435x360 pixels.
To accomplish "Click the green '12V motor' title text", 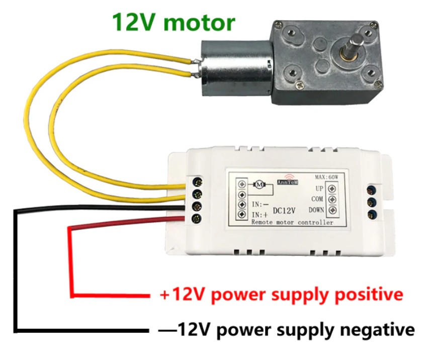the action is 174,22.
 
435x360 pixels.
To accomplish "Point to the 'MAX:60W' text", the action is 326,176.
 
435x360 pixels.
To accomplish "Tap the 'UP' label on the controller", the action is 319,189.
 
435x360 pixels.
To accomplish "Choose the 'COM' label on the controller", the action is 317,199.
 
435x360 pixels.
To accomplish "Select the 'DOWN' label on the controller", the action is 316,210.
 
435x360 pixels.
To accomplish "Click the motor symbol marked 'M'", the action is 259,184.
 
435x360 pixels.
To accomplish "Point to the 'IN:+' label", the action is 260,215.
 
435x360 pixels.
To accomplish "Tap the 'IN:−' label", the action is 260,205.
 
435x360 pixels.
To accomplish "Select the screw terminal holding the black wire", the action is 198,206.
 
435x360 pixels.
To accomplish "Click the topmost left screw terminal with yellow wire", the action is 198,182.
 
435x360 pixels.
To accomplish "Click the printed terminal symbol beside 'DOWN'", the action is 332,210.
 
